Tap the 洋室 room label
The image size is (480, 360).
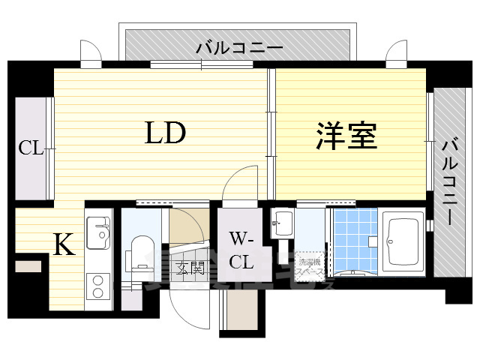point(346,136)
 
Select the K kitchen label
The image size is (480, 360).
point(64,244)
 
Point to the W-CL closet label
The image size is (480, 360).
point(241,251)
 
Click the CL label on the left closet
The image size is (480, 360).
point(31,148)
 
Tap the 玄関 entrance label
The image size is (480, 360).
point(190,268)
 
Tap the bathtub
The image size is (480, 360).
point(403,242)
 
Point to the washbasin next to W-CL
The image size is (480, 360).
point(283,223)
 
